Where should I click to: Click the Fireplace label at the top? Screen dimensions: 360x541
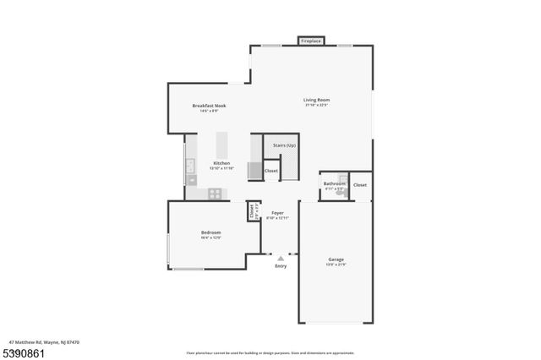pyautogui.click(x=310, y=40)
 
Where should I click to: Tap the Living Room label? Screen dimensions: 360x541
pyautogui.click(x=316, y=100)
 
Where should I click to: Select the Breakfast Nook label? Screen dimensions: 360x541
pyautogui.click(x=209, y=106)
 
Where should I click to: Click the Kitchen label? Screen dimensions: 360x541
pyautogui.click(x=221, y=162)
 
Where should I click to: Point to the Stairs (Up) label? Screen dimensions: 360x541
pyautogui.click(x=284, y=145)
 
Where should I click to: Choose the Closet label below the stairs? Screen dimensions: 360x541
pyautogui.click(x=271, y=171)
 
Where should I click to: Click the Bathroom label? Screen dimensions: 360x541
pyautogui.click(x=334, y=183)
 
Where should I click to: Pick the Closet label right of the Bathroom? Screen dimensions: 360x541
pyautogui.click(x=360, y=184)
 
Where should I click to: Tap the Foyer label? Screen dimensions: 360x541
pyautogui.click(x=277, y=213)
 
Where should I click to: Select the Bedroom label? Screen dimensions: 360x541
pyautogui.click(x=210, y=232)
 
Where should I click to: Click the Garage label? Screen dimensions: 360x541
pyautogui.click(x=336, y=259)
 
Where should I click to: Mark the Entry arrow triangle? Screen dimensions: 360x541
pyautogui.click(x=281, y=257)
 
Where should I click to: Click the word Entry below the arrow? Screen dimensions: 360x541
pyautogui.click(x=281, y=266)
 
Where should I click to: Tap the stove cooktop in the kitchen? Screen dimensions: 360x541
pyautogui.click(x=216, y=193)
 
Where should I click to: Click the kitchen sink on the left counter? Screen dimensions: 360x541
pyautogui.click(x=190, y=166)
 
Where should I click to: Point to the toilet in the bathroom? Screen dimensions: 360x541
pyautogui.click(x=339, y=192)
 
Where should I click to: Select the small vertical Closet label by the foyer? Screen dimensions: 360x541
pyautogui.click(x=251, y=210)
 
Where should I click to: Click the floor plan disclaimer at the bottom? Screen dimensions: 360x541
pyautogui.click(x=270, y=352)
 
